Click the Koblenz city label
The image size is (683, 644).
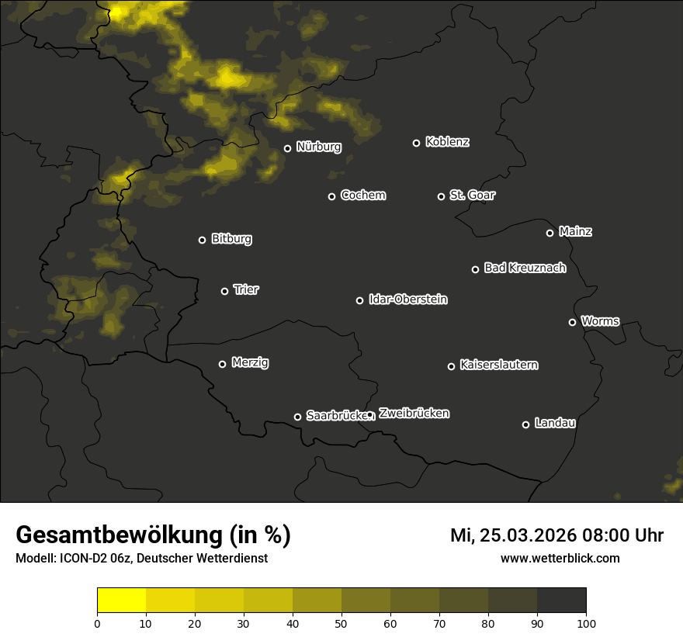[448, 142]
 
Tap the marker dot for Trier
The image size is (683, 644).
[225, 291]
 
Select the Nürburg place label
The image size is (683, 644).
[319, 147]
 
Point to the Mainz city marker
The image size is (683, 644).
[550, 233]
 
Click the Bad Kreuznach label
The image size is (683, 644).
[525, 268]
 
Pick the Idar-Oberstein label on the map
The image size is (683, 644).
[407, 299]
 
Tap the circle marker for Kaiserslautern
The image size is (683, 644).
[451, 366]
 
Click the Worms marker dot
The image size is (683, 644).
[572, 322]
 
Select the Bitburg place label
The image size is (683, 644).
[231, 239]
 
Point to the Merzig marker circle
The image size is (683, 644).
[222, 364]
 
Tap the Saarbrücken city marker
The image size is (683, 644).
[297, 417]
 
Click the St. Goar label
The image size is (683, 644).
[472, 195]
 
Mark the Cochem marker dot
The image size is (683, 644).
[331, 196]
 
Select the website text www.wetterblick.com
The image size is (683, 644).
[560, 559]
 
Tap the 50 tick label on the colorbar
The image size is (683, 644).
[341, 622]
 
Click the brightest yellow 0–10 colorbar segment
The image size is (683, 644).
[122, 601]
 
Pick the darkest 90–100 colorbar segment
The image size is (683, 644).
[561, 601]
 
